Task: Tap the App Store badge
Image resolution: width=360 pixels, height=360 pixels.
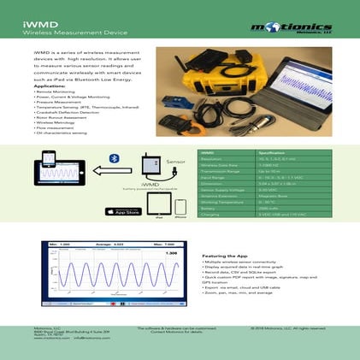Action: click(x=122, y=210)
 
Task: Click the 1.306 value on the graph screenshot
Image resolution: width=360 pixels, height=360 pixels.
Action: click(x=170, y=254)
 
